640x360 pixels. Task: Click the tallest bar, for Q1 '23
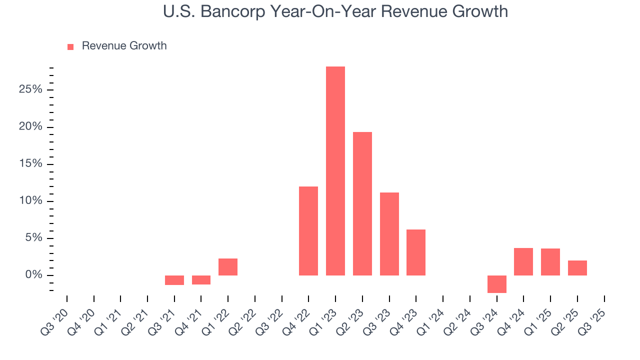[335, 171]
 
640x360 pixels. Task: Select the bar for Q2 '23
[362, 203]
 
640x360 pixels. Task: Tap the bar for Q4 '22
[308, 231]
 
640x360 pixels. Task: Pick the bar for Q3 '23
[389, 234]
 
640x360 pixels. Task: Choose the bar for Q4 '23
[415, 252]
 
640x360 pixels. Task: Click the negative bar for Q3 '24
[496, 284]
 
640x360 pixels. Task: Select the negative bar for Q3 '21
[174, 280]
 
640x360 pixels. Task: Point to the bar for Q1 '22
[227, 267]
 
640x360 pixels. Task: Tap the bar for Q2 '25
[577, 268]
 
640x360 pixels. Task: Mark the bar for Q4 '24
[523, 261]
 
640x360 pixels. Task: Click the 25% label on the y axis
[31, 90]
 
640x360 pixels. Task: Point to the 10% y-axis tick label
[31, 201]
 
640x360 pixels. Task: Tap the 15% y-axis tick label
[31, 164]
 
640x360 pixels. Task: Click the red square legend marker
[70, 46]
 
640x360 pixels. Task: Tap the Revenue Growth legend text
[124, 46]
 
